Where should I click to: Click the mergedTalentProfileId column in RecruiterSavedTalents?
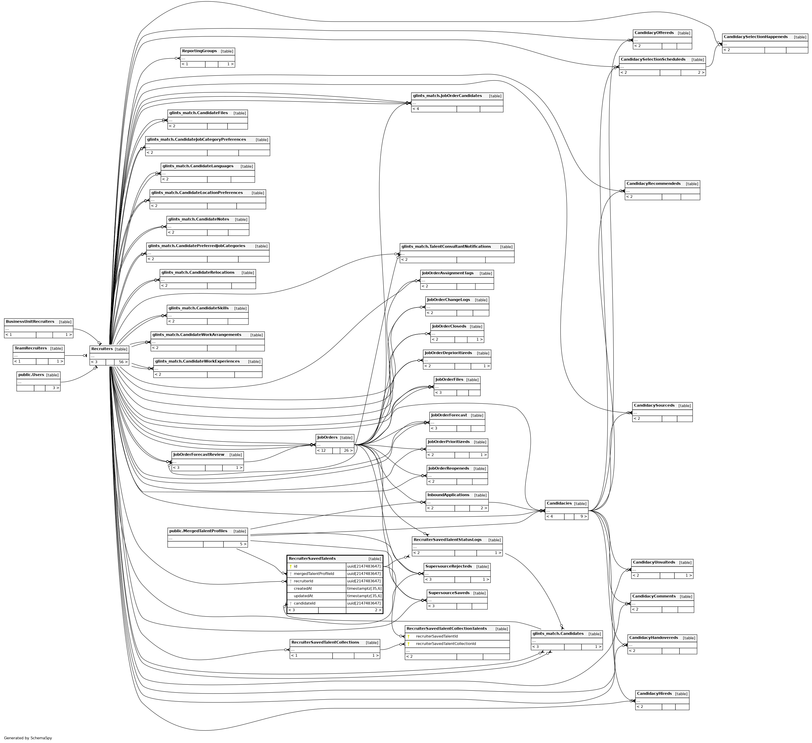pos(314,573)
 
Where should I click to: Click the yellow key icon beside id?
pos(290,566)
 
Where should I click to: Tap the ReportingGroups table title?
pos(199,51)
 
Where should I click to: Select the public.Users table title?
pos(31,375)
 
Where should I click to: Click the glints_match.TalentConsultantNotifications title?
pos(446,246)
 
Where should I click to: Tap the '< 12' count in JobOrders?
pos(321,451)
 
